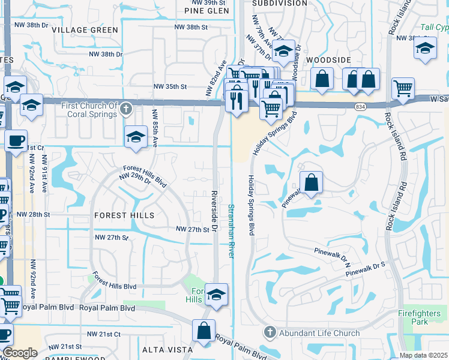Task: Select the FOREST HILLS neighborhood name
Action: [x=124, y=215]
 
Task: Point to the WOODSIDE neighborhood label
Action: [x=328, y=61]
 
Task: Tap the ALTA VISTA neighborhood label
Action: [x=167, y=349]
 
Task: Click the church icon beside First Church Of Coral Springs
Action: [x=125, y=109]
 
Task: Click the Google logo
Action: [x=20, y=353]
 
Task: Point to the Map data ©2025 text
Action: [x=423, y=355]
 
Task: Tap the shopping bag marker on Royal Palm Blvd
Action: [x=204, y=331]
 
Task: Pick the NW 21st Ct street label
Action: [x=104, y=334]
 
